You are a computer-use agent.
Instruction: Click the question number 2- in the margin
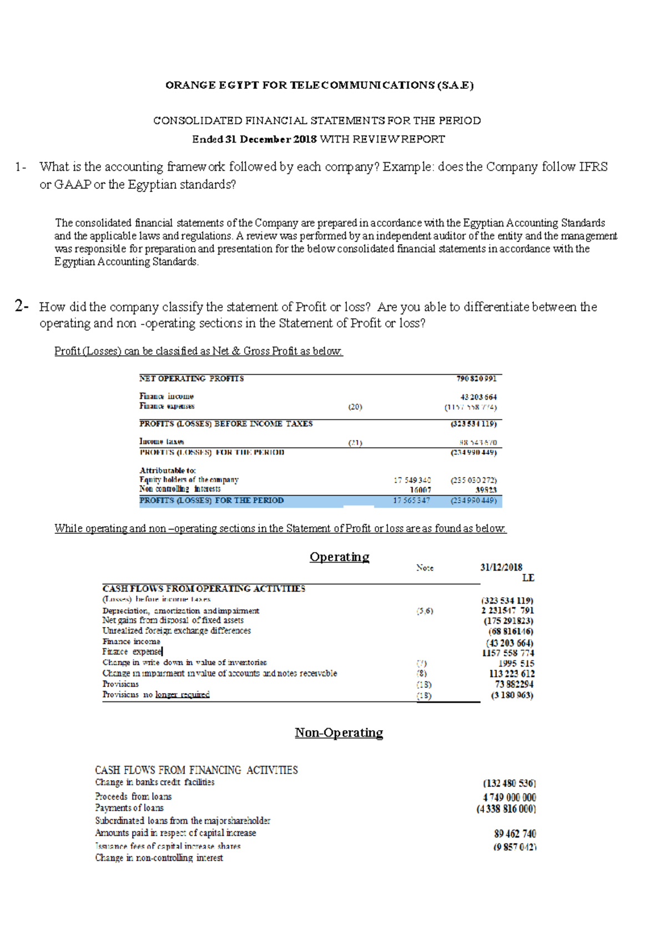22,306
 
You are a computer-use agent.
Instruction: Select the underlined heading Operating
339,557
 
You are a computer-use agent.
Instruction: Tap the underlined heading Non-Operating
339,733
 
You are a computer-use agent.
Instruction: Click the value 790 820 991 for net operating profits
476,378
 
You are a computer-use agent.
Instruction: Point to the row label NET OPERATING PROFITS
191,378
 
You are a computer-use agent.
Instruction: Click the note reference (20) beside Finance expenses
355,407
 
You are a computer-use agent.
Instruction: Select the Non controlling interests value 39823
486,490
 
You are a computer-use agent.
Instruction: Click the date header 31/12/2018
501,567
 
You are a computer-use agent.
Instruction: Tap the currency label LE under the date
528,578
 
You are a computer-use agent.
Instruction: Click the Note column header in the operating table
425,568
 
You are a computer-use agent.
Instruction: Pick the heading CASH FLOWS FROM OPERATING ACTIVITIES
204,588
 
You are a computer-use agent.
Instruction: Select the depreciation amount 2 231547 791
507,610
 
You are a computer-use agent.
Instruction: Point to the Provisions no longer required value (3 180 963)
512,695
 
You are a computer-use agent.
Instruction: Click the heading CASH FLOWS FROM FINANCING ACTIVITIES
196,770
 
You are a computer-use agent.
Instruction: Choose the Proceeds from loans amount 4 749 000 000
509,797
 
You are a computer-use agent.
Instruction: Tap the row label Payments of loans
129,808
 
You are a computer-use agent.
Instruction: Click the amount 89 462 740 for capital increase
515,834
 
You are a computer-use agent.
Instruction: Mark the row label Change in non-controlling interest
159,858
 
